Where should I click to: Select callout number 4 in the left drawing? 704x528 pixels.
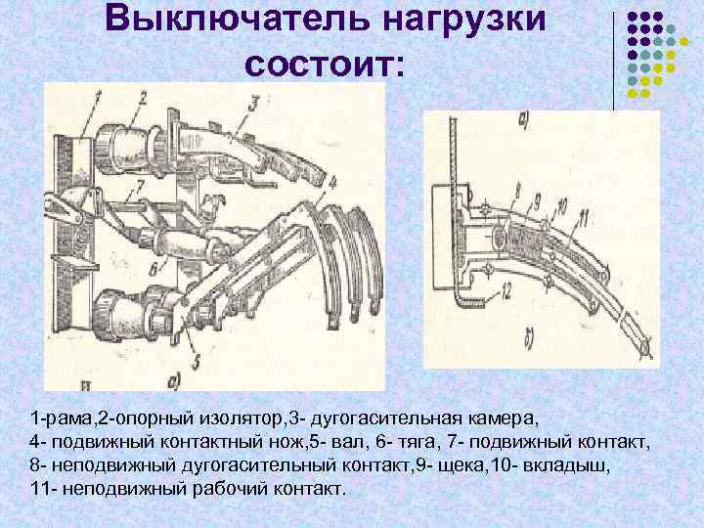coord(332,181)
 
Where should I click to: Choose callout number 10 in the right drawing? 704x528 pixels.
coord(561,205)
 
